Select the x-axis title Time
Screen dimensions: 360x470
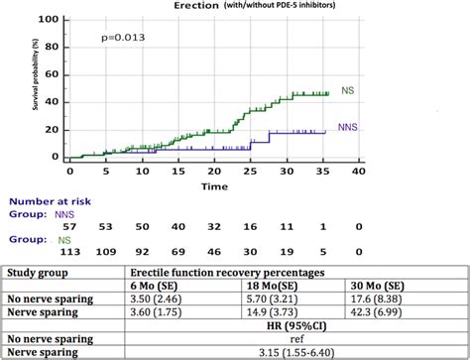pos(214,185)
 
